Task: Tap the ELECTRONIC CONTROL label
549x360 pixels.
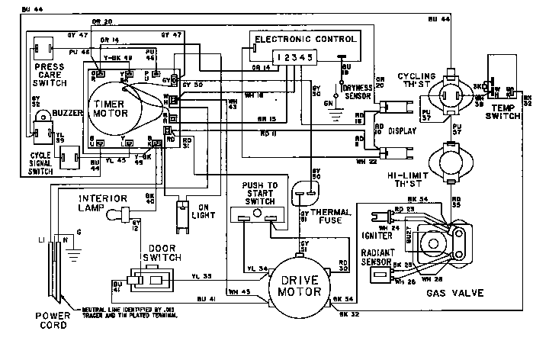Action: pyautogui.click(x=304, y=39)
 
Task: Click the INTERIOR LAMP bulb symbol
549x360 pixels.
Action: pyautogui.click(x=114, y=217)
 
